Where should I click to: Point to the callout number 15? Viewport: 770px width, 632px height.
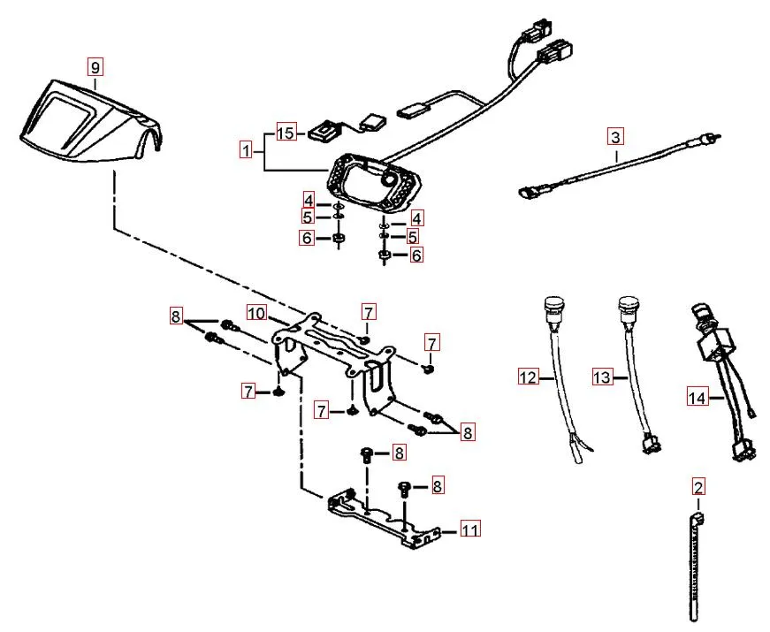286,133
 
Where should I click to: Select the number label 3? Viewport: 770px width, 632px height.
615,137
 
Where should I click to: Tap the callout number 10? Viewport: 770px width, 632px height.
256,313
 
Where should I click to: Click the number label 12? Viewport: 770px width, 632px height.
528,377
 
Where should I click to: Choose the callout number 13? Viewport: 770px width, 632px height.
602,377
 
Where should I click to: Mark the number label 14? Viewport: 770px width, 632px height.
698,398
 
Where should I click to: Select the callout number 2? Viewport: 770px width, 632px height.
698,486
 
